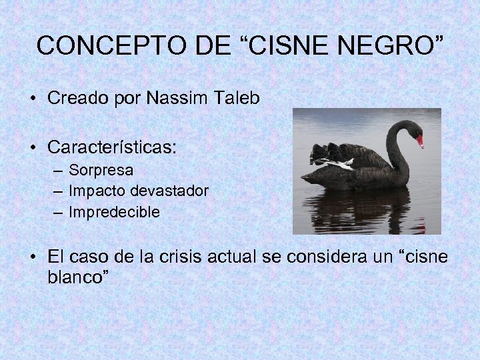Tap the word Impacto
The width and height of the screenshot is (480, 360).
pyautogui.click(x=97, y=191)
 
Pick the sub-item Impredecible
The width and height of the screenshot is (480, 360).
pyautogui.click(x=114, y=213)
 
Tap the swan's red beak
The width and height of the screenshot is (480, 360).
pyautogui.click(x=420, y=141)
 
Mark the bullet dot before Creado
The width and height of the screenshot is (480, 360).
pyautogui.click(x=33, y=99)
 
